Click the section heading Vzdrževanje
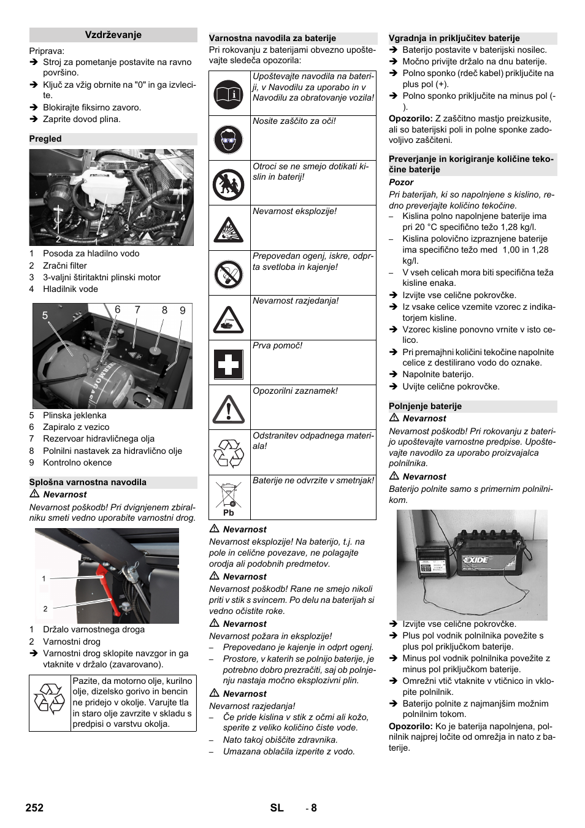113,35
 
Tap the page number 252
35,808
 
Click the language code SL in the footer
277,808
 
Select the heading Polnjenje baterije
425,406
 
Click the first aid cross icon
229,364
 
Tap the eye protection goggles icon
229,139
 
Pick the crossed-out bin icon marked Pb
229,498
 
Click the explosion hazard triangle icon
229,229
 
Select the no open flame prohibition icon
229,274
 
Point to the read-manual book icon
229,94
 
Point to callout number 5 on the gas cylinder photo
45,315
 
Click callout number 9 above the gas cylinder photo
182,310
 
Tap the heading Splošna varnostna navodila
88,482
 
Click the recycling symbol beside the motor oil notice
50,702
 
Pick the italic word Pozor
401,182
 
